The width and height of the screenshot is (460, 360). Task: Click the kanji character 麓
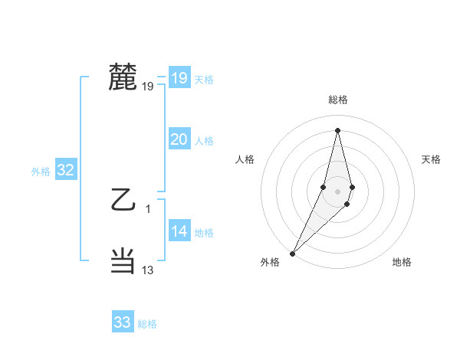pos(123,77)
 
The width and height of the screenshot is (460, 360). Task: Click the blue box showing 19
pos(179,78)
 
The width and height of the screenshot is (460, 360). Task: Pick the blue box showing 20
pos(179,139)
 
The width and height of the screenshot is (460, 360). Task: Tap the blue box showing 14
pos(179,231)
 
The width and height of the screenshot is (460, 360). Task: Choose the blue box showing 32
pos(65,170)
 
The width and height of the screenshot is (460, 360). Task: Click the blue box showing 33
pos(122,322)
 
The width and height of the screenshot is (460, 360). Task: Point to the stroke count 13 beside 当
pos(148,270)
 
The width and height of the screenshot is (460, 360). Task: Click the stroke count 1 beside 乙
pos(148,209)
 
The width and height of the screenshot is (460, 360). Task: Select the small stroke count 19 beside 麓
pos(148,87)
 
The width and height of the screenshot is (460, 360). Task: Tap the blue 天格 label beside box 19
pos(204,80)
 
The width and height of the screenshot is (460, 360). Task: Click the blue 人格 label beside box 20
pos(204,141)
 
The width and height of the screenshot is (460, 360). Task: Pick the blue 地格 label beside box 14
pos(204,233)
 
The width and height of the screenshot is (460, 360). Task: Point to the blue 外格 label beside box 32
pos(41,172)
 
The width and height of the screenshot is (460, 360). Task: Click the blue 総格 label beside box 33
pos(147,324)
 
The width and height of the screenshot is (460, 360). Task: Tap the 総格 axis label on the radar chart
pos(338,100)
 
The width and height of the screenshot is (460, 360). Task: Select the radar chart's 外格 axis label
pos(270,262)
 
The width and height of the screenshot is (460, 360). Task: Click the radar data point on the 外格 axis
pos(293,253)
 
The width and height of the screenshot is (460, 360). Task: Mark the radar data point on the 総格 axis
pos(337,129)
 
